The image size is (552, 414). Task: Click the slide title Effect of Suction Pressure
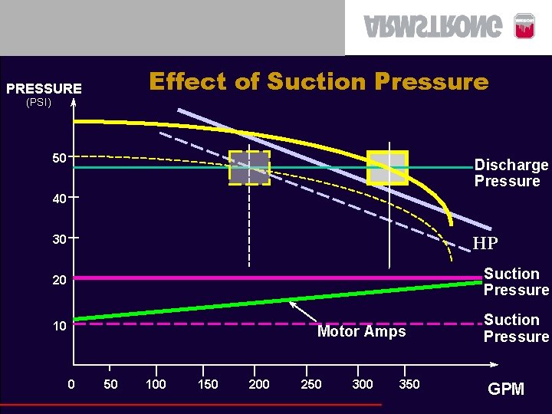(x=318, y=81)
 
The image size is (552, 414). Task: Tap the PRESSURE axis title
(x=44, y=89)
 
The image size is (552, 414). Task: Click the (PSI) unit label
(x=38, y=102)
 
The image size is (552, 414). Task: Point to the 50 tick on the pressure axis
(x=59, y=158)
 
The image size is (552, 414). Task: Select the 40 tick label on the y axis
(x=59, y=199)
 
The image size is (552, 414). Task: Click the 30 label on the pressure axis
(x=59, y=240)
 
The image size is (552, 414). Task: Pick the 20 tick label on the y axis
(x=59, y=281)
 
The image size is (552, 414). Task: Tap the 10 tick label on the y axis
(x=59, y=327)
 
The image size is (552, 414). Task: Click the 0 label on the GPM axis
(x=71, y=384)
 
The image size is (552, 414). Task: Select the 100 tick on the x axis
(x=156, y=384)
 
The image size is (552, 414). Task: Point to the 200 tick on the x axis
(x=259, y=384)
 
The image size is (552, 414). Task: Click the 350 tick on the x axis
(x=409, y=384)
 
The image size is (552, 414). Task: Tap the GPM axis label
(x=506, y=389)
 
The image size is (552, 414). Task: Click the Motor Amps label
(x=361, y=332)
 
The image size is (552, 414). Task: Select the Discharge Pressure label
(x=511, y=173)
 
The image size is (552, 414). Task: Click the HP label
(x=485, y=244)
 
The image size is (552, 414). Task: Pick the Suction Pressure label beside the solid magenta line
(x=516, y=282)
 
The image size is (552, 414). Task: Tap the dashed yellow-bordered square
(x=249, y=167)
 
